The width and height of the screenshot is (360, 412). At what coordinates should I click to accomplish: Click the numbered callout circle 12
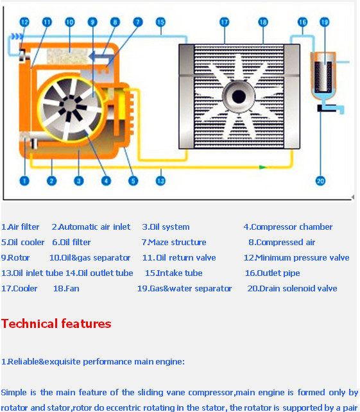[24, 22]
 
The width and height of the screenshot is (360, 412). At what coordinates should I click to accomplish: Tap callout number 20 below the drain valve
[321, 180]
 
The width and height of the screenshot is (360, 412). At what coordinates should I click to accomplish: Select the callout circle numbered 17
[224, 22]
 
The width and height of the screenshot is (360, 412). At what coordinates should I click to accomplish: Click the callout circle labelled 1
[24, 180]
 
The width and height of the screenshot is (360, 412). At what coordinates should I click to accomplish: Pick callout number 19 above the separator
[324, 22]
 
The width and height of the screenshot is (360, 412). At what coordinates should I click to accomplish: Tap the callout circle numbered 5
[133, 180]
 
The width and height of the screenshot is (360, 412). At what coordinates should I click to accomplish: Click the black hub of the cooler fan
[239, 97]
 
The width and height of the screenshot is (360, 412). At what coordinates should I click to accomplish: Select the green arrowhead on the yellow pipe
[262, 167]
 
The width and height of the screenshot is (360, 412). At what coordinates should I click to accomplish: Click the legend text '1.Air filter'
[21, 227]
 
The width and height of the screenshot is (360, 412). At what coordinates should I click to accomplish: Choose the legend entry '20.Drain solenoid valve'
[292, 288]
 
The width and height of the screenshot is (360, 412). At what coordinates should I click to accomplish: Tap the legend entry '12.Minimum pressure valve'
[296, 257]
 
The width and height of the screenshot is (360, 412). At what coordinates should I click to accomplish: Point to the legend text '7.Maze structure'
[174, 242]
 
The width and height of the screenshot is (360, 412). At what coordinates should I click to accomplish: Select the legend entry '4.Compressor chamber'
[288, 227]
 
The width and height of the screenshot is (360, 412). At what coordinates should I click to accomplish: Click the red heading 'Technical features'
[56, 323]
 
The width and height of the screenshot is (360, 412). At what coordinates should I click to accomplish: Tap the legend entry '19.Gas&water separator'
[185, 288]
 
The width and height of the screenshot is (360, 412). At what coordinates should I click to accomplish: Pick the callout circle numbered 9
[92, 22]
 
